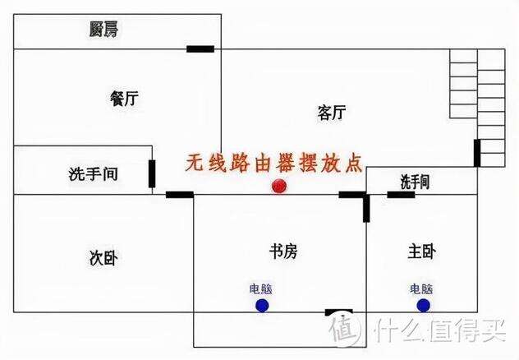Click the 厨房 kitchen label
(103, 29)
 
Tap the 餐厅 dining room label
(124, 99)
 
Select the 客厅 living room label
(331, 113)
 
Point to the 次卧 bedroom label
(103, 257)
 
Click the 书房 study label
(283, 252)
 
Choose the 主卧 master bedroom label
(421, 252)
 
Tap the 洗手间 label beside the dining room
(94, 174)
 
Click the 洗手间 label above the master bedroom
(415, 182)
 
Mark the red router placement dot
(279, 186)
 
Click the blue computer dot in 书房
(262, 306)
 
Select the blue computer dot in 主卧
(424, 306)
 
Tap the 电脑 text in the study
(261, 289)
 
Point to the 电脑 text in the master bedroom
(421, 289)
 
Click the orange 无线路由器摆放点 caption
(273, 163)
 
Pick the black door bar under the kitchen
(200, 49)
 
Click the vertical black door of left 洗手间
(152, 173)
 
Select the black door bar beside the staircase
(477, 153)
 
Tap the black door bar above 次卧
(180, 195)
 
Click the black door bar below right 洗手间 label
(401, 195)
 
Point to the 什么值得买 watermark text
(440, 330)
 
